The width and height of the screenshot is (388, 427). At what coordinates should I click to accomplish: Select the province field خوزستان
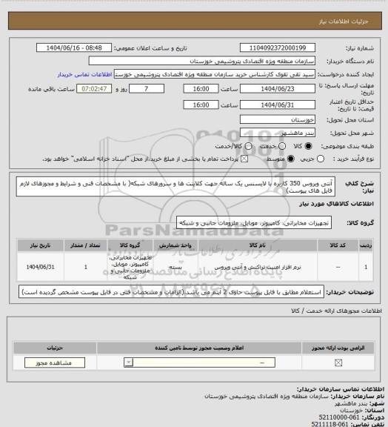tap(267, 116)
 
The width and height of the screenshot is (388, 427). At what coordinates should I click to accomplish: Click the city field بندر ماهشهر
tap(267, 128)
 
